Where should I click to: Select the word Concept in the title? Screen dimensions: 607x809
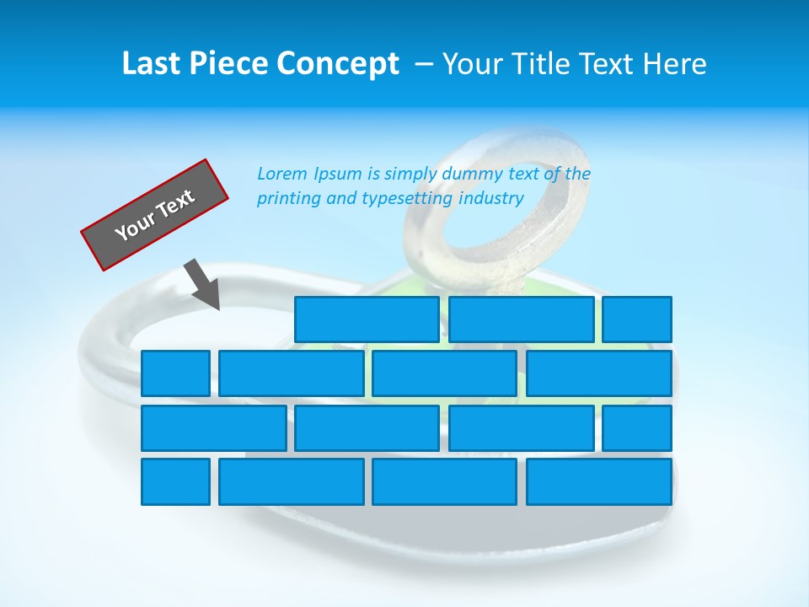click(x=339, y=64)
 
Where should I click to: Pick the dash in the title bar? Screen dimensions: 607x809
click(x=425, y=65)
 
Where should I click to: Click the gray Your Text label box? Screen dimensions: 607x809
click(x=154, y=215)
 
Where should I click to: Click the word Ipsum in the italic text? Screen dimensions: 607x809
click(x=339, y=174)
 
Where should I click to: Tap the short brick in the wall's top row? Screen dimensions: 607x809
click(x=637, y=319)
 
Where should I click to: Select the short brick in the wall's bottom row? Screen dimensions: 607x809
click(x=175, y=481)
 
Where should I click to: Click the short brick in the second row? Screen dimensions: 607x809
click(x=175, y=373)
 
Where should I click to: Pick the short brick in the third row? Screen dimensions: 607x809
click(x=637, y=427)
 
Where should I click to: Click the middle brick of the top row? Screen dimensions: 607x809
click(x=521, y=319)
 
